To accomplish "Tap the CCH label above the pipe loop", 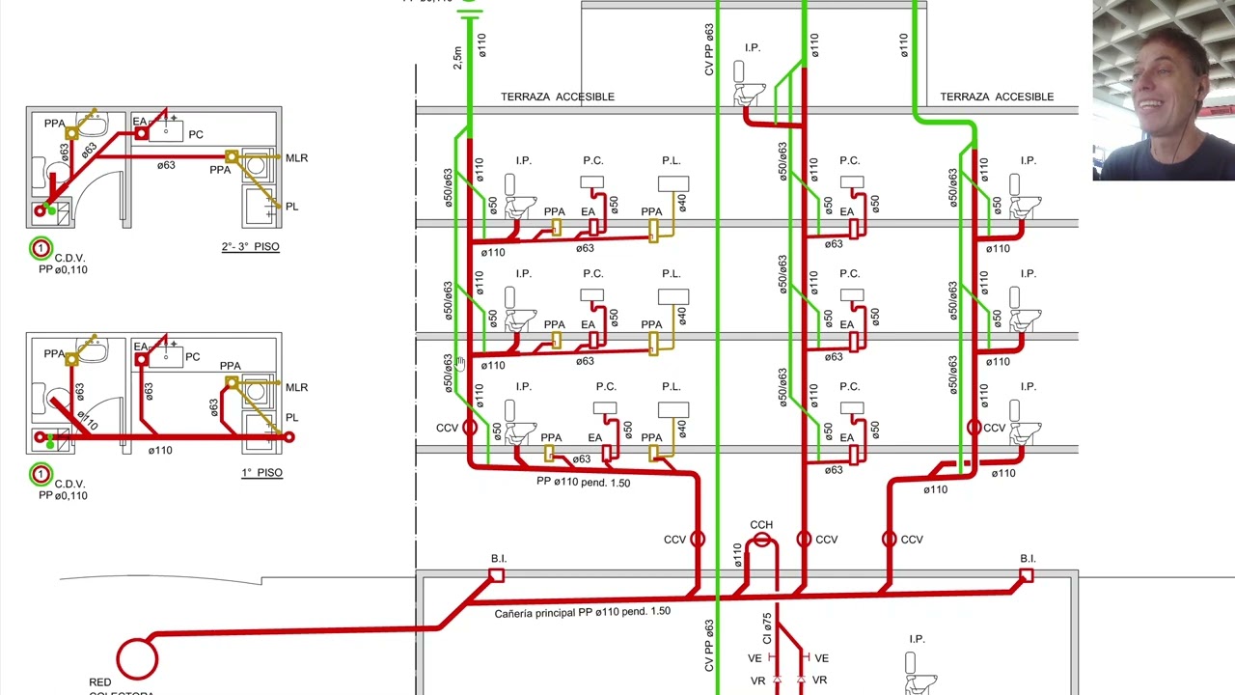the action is coord(761,524).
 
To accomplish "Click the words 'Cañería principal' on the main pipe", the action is coord(535,613).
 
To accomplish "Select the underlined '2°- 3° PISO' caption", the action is coord(250,246).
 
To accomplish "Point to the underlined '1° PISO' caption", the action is coord(261,473).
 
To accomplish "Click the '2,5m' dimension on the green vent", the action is coord(457,58).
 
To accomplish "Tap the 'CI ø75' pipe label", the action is coord(767,628).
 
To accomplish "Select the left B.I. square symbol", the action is coord(496,576).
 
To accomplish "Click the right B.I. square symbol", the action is coord(1026,576).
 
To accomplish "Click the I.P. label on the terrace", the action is coord(753,48).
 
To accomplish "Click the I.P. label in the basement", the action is coord(917,639).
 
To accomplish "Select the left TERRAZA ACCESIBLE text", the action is coord(558,97).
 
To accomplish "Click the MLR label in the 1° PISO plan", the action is coord(296,388).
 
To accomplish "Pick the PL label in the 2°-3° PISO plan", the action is coord(291,207).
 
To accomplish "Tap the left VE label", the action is coord(755,658).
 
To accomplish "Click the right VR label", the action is coord(819,681).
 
